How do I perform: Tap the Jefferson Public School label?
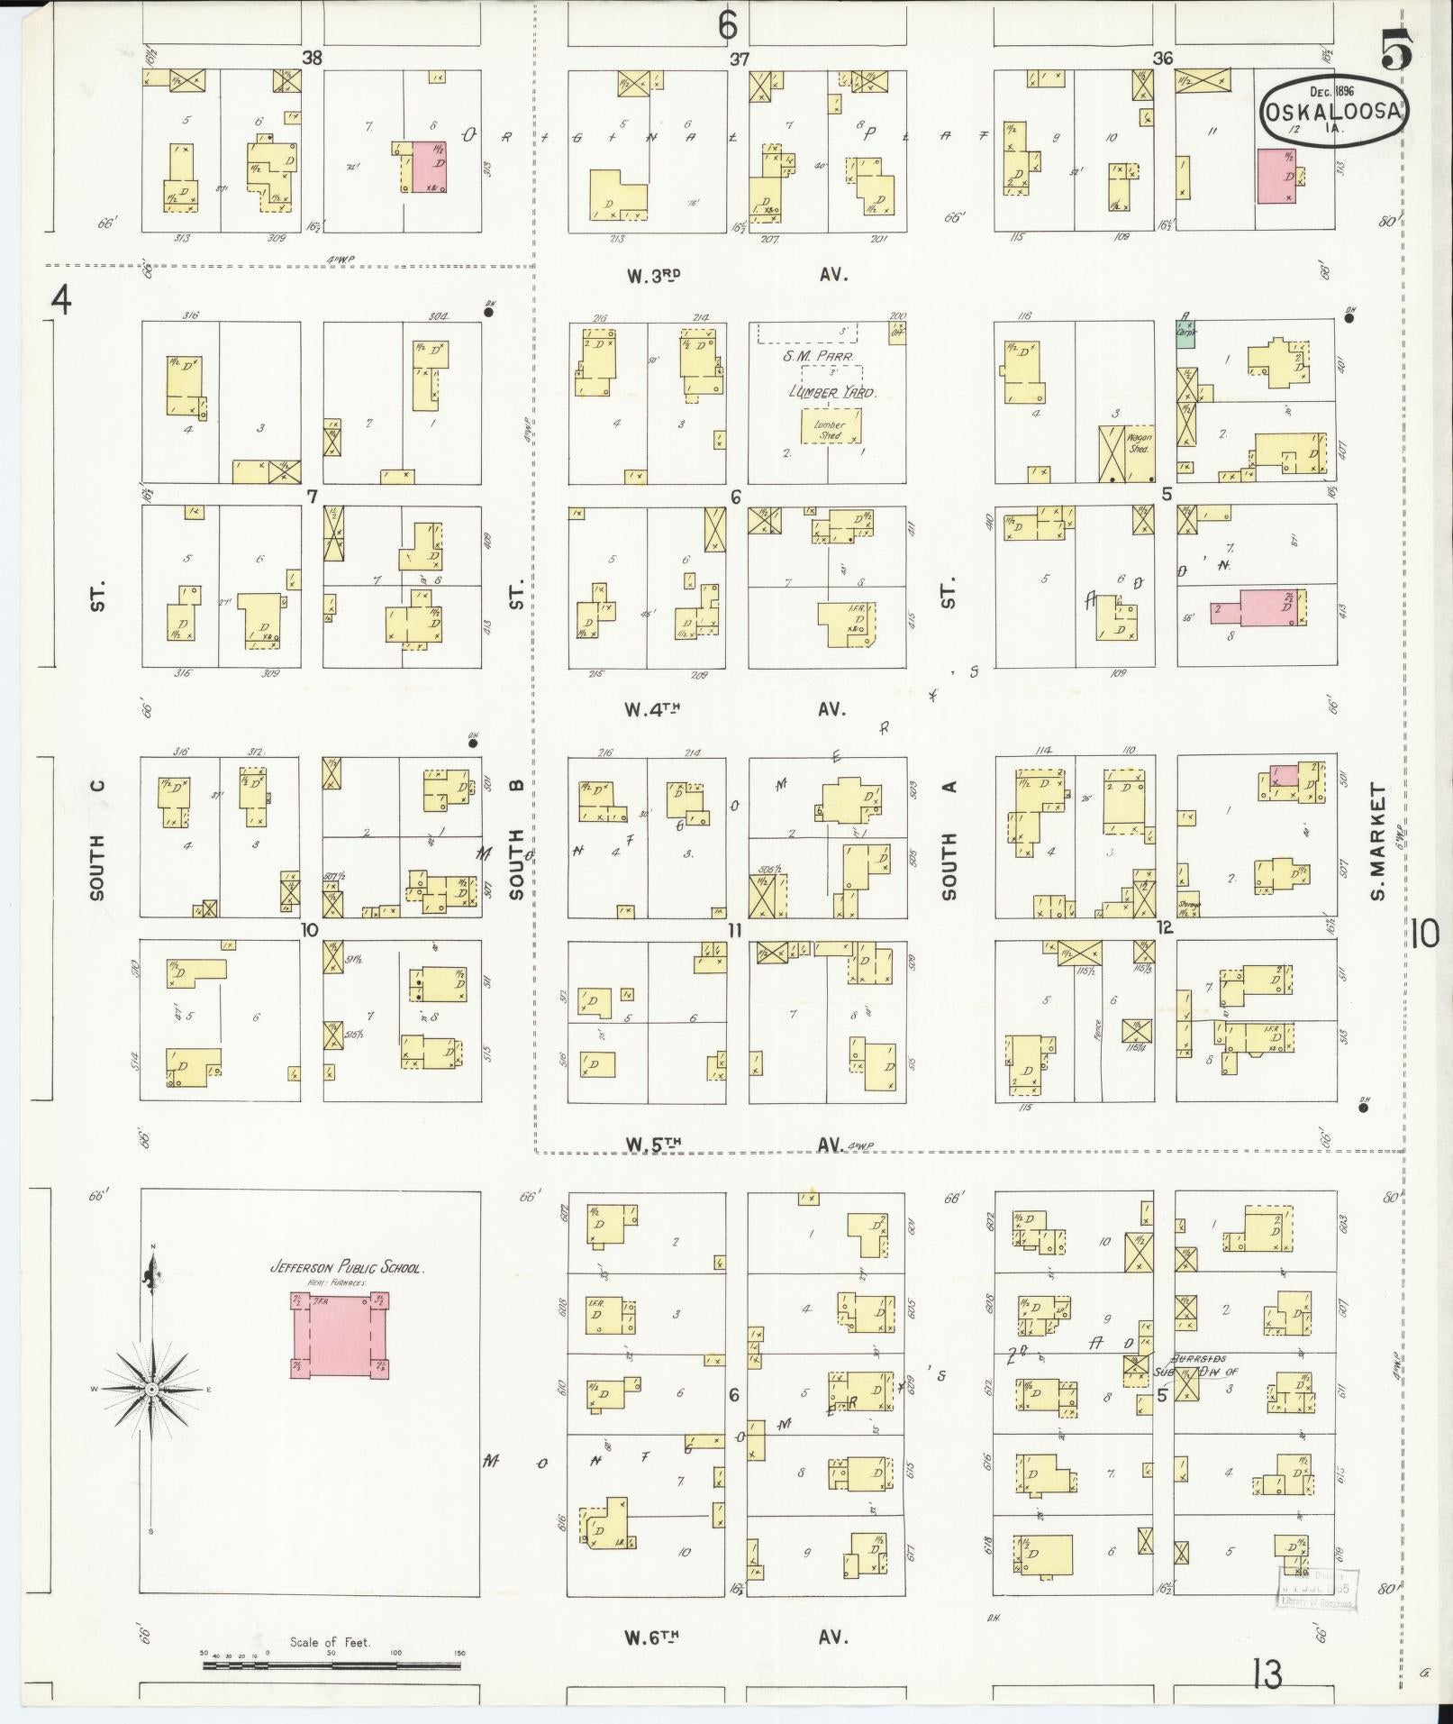coord(347,1268)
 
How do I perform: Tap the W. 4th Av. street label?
coord(736,708)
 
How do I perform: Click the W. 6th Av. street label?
coord(736,1636)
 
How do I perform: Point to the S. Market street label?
coord(1378,842)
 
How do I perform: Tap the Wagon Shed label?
coord(1139,442)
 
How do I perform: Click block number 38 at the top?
coord(312,59)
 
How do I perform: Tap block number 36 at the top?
coord(1162,59)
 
